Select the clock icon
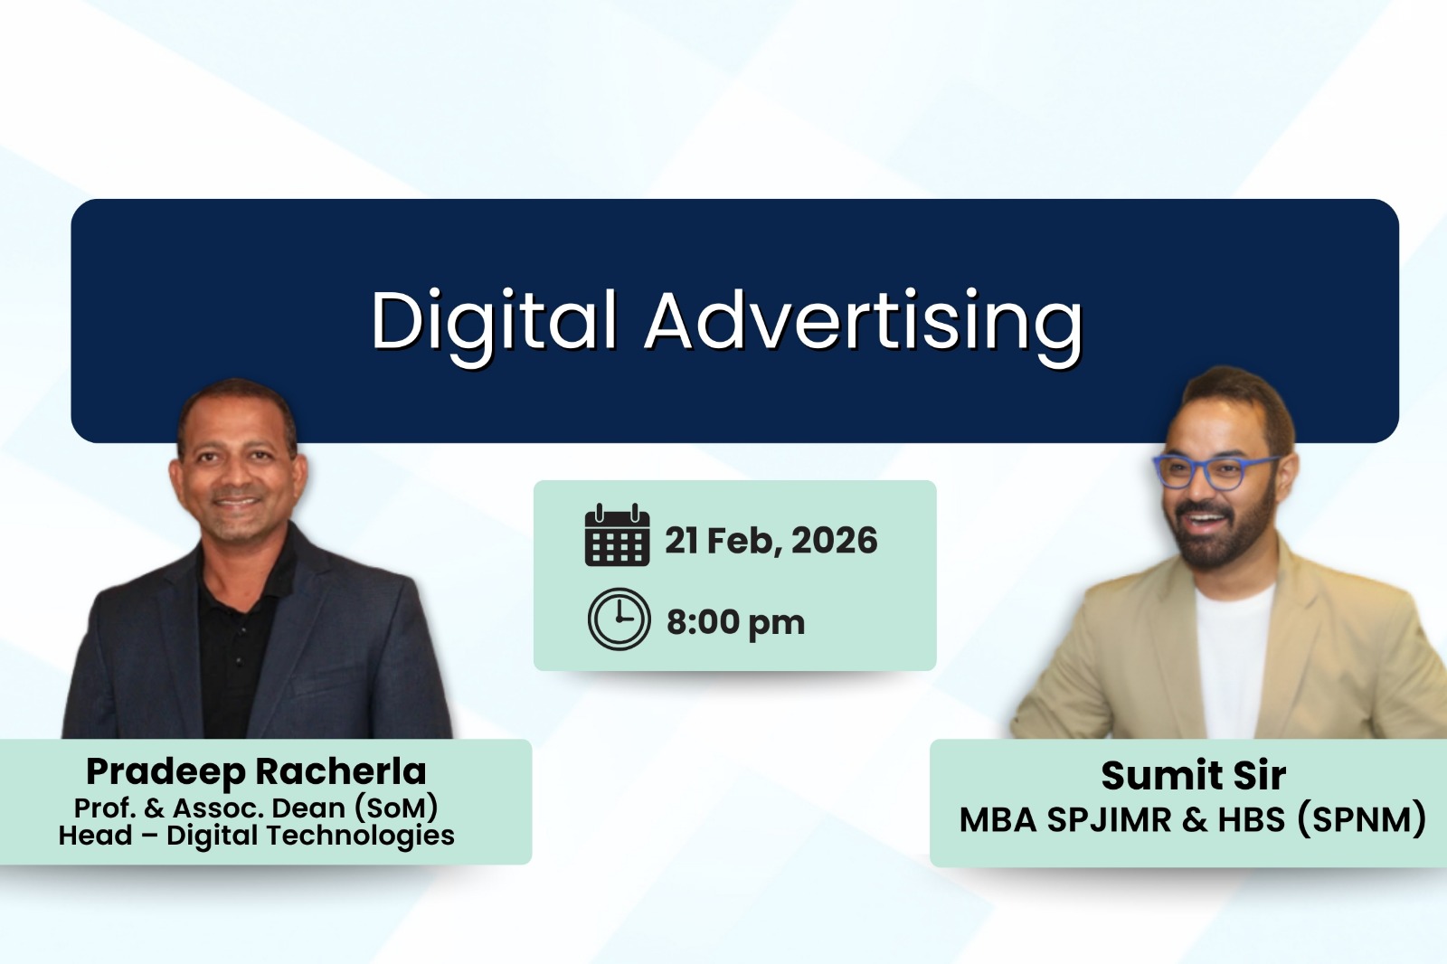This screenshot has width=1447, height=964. point(619,619)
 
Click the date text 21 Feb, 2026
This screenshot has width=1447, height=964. point(771,541)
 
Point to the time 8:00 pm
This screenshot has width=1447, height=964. point(735,622)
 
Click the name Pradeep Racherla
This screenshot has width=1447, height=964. point(256,771)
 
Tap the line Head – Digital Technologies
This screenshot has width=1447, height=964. point(256,835)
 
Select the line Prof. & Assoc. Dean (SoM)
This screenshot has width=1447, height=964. point(256,807)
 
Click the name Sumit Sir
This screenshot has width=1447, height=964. point(1193,775)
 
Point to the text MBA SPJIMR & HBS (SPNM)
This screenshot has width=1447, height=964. point(1193,819)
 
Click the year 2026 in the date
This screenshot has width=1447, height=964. point(834,541)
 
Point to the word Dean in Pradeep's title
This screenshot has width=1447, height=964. point(307,807)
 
